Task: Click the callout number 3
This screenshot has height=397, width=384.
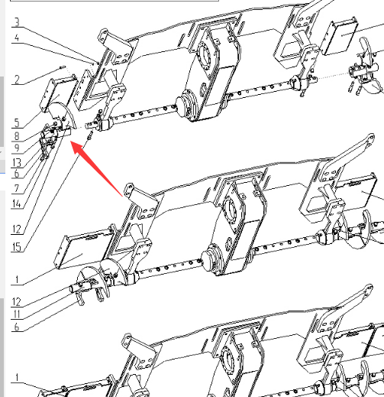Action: click(17, 22)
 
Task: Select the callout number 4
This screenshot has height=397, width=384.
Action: click(17, 38)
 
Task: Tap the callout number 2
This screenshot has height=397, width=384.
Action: click(17, 80)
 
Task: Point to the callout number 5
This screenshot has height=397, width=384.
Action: click(17, 122)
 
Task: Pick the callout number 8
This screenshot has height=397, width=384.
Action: click(17, 136)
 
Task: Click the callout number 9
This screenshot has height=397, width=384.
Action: click(17, 148)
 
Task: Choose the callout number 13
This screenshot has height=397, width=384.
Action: click(17, 163)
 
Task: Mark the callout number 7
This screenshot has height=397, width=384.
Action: click(17, 188)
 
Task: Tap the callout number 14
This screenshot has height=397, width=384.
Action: click(17, 203)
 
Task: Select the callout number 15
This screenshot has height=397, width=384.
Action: click(17, 247)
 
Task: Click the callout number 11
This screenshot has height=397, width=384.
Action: click(17, 314)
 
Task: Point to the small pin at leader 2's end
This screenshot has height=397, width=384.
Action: click(63, 67)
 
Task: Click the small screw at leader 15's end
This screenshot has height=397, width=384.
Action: click(90, 135)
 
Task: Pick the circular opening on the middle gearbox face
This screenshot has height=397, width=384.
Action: click(229, 209)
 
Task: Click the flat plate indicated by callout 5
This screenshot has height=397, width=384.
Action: click(59, 94)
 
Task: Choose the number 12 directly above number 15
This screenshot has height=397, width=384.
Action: click(17, 229)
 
